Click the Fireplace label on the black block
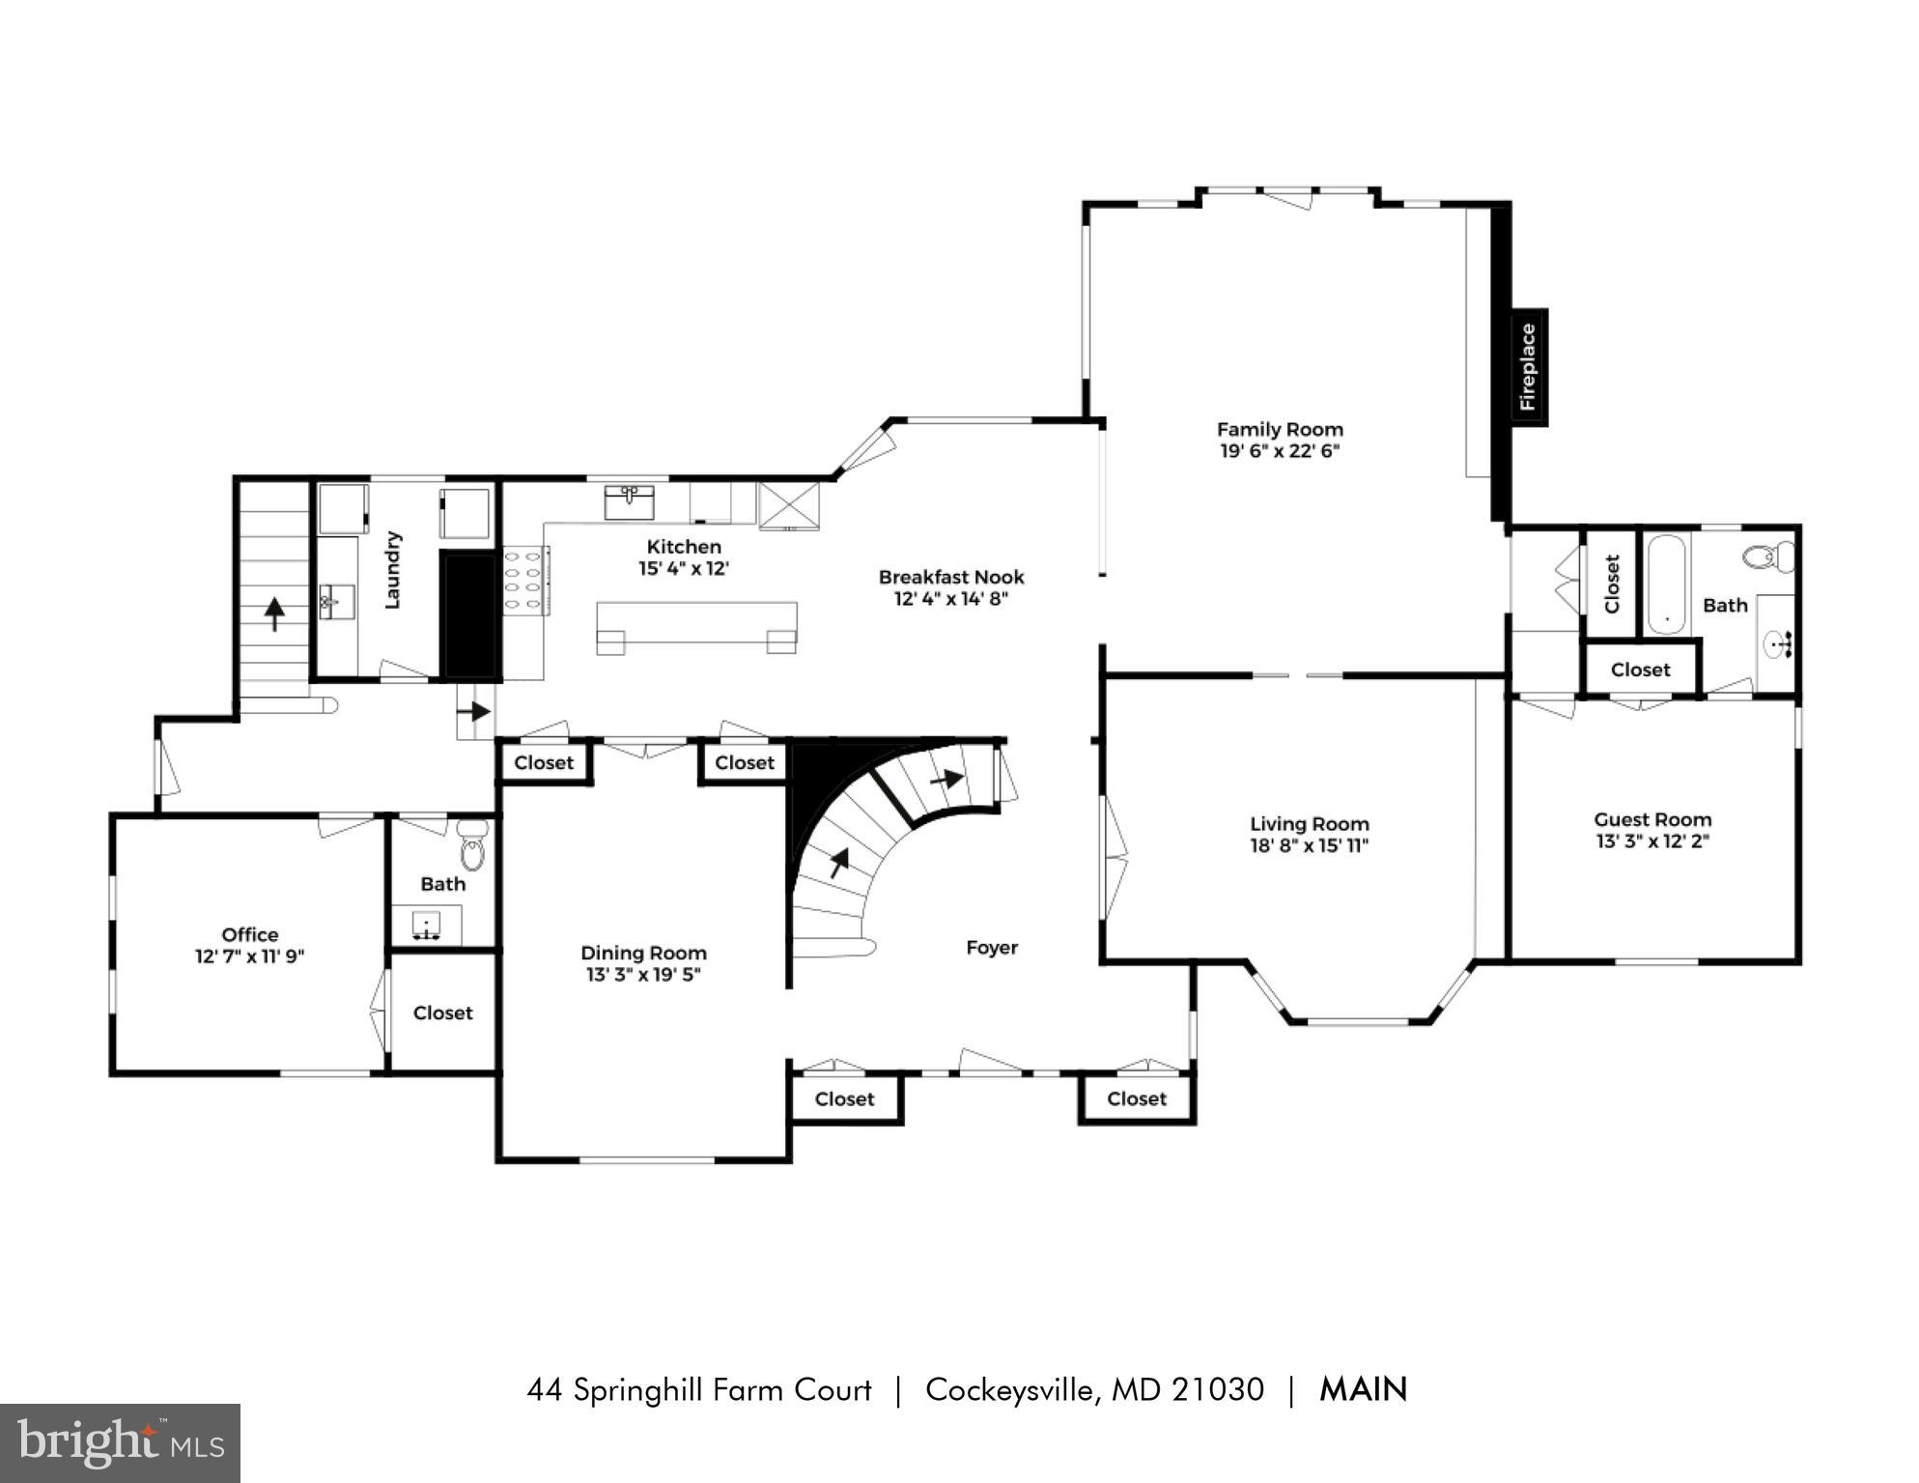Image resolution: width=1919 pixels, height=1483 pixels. point(1528,367)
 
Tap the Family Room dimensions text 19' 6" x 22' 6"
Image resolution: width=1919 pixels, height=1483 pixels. point(1280,451)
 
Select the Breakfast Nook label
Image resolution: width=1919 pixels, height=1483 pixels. point(950,577)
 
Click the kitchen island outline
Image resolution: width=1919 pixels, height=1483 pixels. point(696,624)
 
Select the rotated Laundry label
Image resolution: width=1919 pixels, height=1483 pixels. point(392,570)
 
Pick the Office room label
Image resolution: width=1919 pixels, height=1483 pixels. point(250,934)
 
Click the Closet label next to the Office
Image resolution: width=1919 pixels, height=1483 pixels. point(442,1012)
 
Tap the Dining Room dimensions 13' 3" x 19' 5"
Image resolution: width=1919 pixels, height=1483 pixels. point(643,975)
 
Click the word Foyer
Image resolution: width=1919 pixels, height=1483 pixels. point(992,948)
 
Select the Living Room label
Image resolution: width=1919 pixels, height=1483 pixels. point(1310,824)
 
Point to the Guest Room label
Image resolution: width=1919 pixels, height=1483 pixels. point(1652,819)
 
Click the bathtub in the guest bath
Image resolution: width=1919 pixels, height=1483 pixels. point(1666,584)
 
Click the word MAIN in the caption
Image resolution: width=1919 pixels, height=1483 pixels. point(1363,1389)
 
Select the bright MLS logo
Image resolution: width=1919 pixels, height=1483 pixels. point(120,1443)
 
